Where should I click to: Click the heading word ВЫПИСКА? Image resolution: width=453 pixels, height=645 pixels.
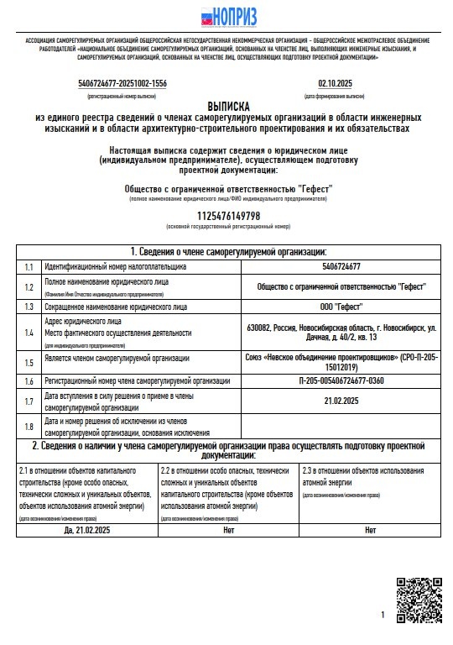[228, 107]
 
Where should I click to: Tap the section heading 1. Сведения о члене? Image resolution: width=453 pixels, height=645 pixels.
[227, 251]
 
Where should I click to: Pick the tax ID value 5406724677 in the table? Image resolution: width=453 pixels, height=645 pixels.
[341, 266]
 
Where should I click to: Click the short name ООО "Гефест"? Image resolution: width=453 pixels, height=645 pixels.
[341, 307]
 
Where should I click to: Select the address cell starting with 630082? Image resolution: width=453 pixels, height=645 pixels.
[341, 332]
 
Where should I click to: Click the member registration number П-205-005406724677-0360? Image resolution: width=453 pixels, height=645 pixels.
[341, 380]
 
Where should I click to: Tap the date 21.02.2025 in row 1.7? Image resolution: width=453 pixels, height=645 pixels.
[341, 401]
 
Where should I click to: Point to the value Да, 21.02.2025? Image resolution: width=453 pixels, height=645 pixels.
[86, 531]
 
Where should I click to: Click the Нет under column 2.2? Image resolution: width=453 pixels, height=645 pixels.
[228, 531]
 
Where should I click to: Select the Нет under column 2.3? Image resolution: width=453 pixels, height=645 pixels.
[370, 531]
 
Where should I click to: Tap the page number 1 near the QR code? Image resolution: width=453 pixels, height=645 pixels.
[383, 616]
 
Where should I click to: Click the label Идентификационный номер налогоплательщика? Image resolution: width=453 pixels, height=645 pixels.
[115, 266]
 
